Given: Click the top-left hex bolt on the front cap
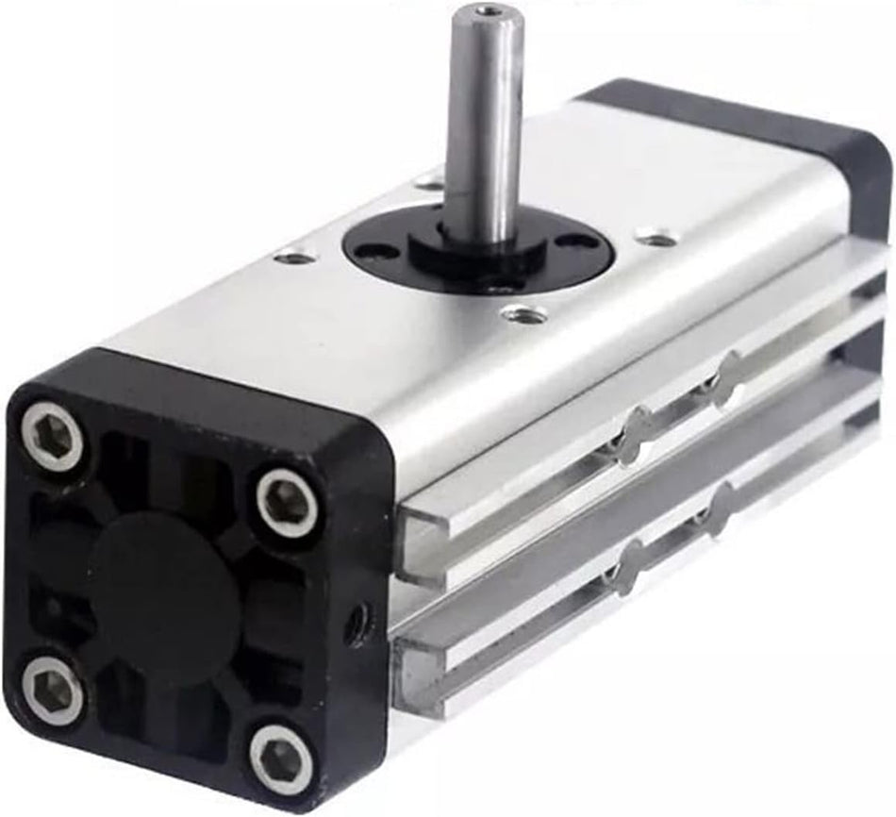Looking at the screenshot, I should [51, 435].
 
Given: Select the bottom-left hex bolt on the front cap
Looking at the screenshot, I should [53, 691].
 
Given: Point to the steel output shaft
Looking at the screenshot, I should [484, 123].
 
